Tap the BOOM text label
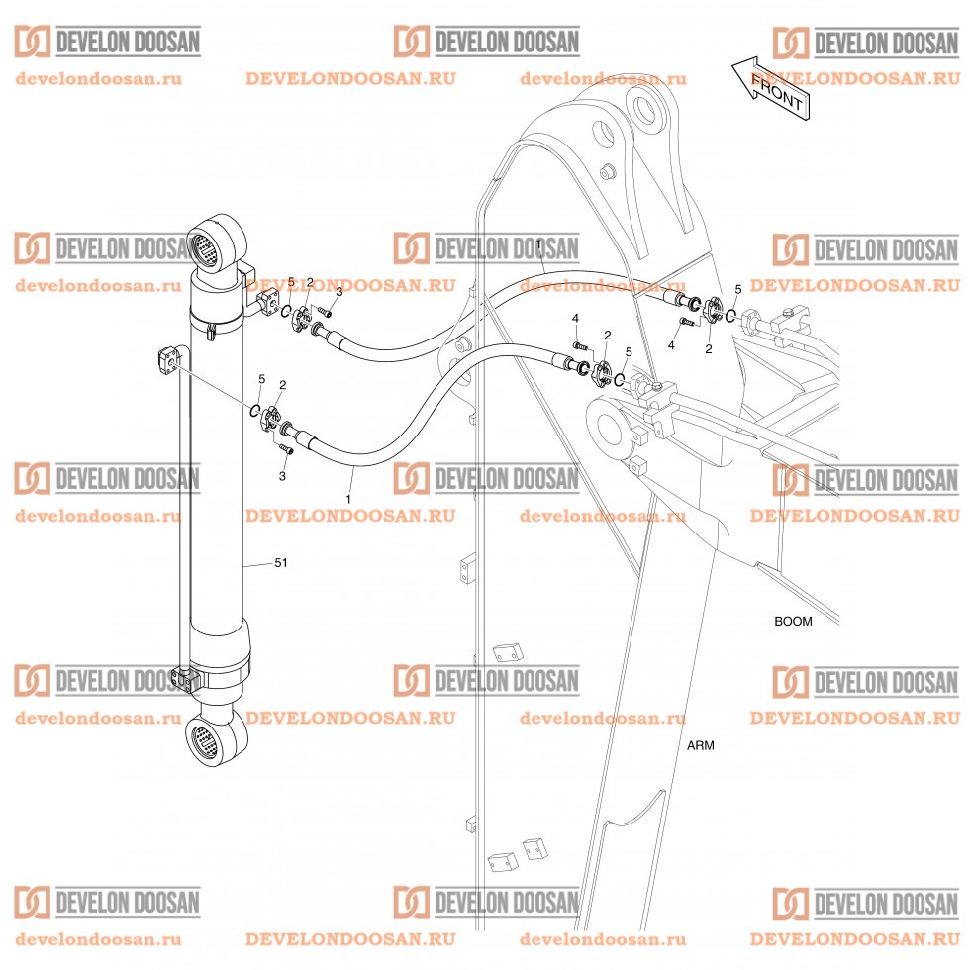tap(792, 622)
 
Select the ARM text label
tap(700, 745)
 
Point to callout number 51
tap(281, 563)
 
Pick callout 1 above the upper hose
tap(537, 243)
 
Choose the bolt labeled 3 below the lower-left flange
tap(287, 449)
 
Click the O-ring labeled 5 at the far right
tap(729, 316)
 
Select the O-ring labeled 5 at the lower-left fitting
tap(254, 410)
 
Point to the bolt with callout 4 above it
tap(581, 345)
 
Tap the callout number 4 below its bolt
tap(671, 345)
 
